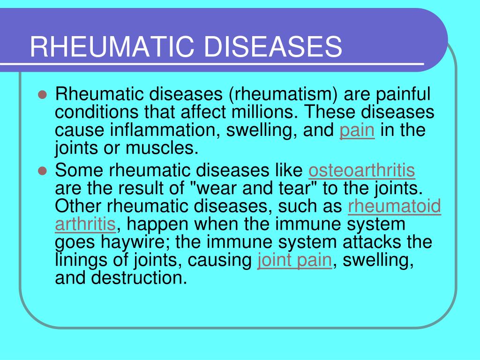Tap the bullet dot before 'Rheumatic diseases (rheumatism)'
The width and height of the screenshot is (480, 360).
[42, 94]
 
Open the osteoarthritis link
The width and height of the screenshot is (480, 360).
[361, 171]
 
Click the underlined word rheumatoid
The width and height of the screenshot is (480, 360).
[395, 206]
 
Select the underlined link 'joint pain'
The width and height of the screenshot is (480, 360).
[295, 260]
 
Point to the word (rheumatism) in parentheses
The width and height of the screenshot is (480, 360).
[283, 95]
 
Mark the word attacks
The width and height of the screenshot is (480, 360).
[355, 242]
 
